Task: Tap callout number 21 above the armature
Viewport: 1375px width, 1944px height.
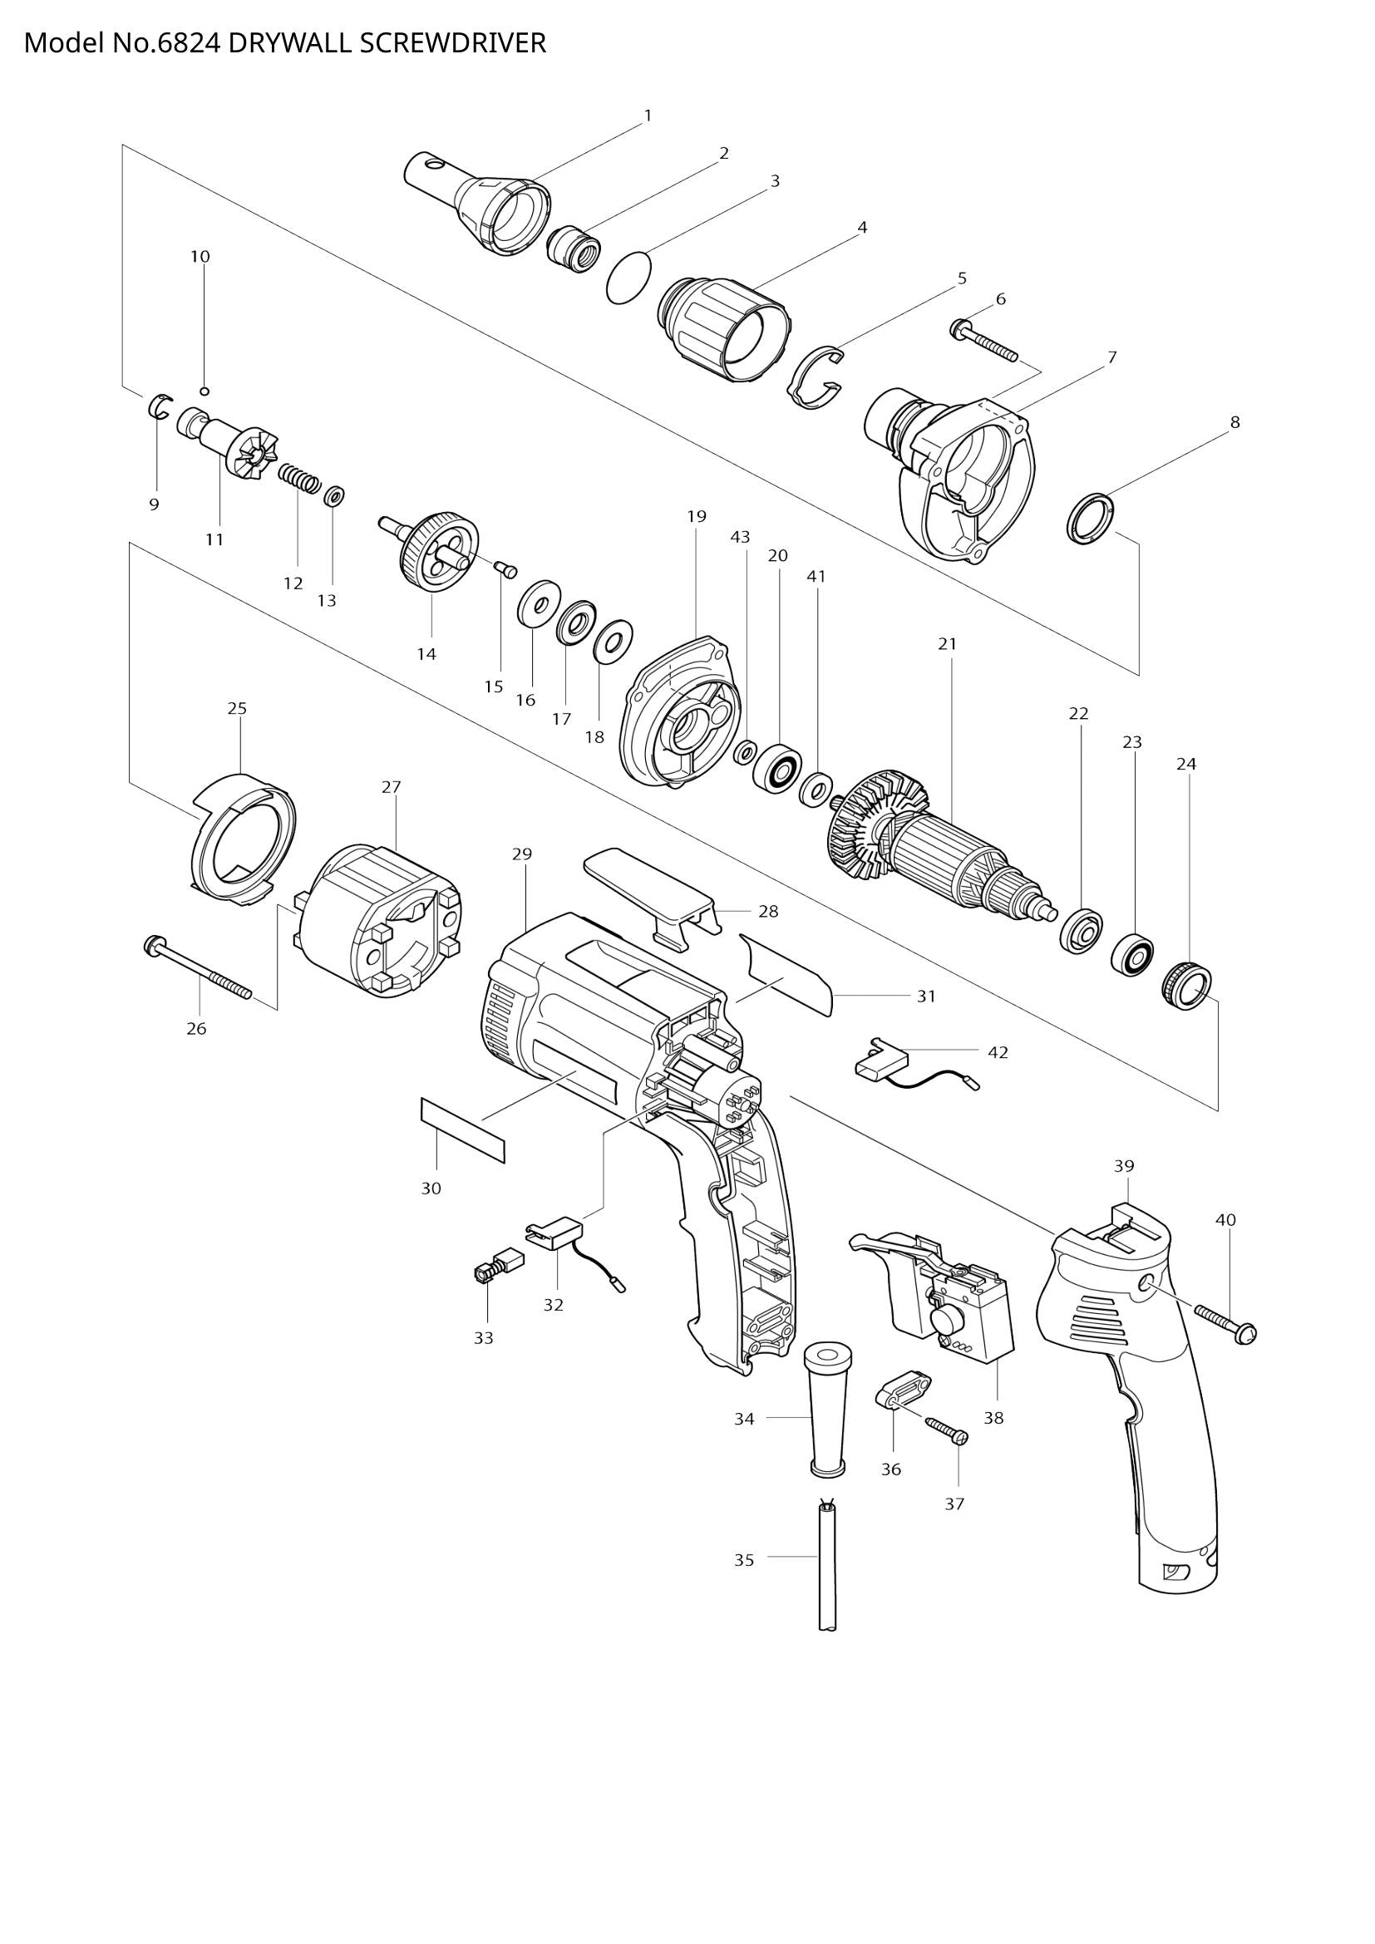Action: point(947,644)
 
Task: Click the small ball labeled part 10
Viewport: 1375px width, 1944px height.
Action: point(204,391)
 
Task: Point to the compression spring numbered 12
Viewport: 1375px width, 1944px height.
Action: point(300,478)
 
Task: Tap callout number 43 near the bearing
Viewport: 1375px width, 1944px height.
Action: point(740,537)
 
